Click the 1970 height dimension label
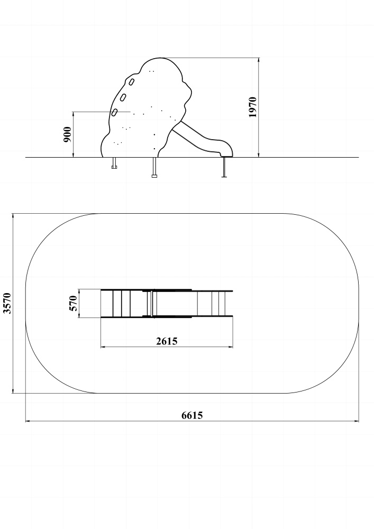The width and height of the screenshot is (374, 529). pyautogui.click(x=252, y=107)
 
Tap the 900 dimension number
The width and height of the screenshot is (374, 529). pyautogui.click(x=68, y=134)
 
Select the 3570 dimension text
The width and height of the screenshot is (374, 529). pyautogui.click(x=7, y=303)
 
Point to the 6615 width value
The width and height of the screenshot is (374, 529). pyautogui.click(x=192, y=415)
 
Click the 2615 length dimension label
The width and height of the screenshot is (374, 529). pyautogui.click(x=167, y=341)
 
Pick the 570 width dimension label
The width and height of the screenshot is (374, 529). pyautogui.click(x=73, y=303)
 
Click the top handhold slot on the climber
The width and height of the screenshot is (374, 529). pyautogui.click(x=132, y=81)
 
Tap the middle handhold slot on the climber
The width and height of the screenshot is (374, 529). pyautogui.click(x=123, y=97)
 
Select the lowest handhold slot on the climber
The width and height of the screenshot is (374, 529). pyautogui.click(x=115, y=112)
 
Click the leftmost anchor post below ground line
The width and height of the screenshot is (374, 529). pyautogui.click(x=114, y=162)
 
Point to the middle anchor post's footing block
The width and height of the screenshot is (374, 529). pyautogui.click(x=154, y=176)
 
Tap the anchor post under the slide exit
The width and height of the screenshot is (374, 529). pyautogui.click(x=224, y=167)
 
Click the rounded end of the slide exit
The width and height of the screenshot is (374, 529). pyautogui.click(x=228, y=150)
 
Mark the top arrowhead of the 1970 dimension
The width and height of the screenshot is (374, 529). pyautogui.click(x=259, y=60)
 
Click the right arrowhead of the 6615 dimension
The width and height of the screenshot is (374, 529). pyautogui.click(x=356, y=421)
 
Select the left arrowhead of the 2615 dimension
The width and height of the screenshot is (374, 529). pyautogui.click(x=104, y=346)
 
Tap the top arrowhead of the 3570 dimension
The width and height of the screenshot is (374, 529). pyautogui.click(x=13, y=216)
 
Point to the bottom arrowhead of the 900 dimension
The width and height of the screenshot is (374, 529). pyautogui.click(x=73, y=154)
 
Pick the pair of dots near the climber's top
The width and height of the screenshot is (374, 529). pyautogui.click(x=152, y=71)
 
